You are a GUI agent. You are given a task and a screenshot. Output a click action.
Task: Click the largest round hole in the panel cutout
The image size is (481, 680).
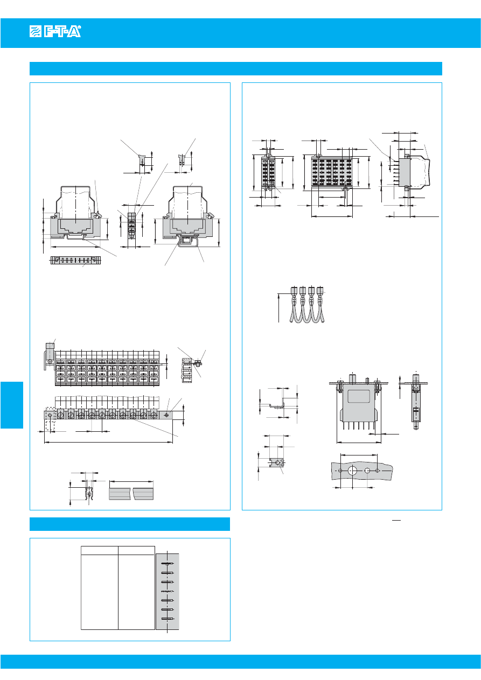[x=352, y=470]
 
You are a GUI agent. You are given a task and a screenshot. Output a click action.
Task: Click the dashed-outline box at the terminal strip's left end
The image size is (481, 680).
[x=50, y=418]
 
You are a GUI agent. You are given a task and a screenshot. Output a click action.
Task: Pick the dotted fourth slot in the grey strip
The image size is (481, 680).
[x=168, y=591]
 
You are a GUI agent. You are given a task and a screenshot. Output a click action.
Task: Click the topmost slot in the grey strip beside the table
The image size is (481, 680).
[x=168, y=563]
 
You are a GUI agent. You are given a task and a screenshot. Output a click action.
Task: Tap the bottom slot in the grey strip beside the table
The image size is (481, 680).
[x=168, y=619]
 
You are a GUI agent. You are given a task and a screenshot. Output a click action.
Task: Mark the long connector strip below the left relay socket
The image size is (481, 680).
[x=75, y=261]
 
